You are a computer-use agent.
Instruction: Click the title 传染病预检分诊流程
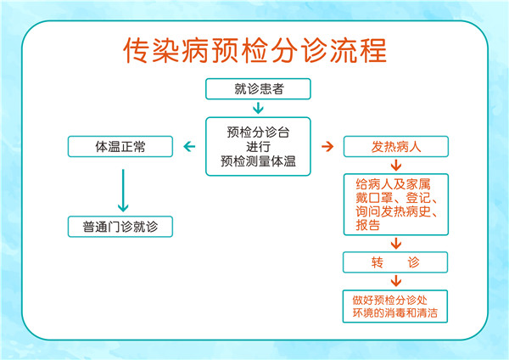tap(255, 49)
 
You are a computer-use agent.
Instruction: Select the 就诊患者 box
tap(258, 88)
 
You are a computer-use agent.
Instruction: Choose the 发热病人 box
tap(394, 147)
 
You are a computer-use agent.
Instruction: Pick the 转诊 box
tap(394, 262)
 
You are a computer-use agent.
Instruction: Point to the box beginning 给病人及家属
tap(395, 204)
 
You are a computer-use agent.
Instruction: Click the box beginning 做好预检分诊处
tap(394, 307)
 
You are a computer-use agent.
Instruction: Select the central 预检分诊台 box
tap(258, 146)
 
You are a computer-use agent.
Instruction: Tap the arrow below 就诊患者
tap(258, 108)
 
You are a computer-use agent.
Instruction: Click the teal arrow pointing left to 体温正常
tap(189, 147)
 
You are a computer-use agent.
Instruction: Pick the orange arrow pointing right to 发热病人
tap(327, 147)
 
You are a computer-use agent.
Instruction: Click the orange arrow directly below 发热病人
tap(395, 165)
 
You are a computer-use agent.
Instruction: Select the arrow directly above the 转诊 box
tap(395, 244)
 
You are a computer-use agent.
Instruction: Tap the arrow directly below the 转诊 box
tap(395, 281)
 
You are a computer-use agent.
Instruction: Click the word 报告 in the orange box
tap(367, 225)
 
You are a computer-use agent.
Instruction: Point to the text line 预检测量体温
tap(258, 160)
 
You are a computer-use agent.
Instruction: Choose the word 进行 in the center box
tap(258, 146)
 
